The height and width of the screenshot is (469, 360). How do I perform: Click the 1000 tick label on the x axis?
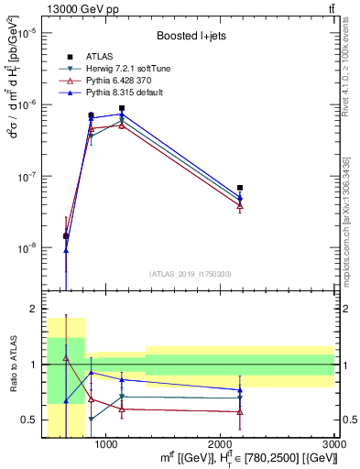click(106, 443)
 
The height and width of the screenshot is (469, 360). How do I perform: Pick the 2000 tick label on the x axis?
click(221, 443)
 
